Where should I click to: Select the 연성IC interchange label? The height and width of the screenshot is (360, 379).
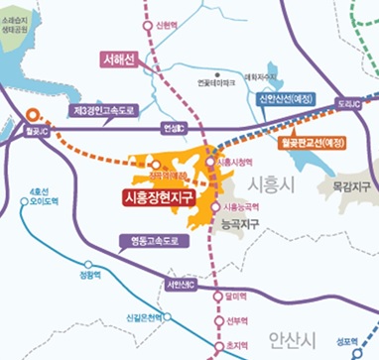172,127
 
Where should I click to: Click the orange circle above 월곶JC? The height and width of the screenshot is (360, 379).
32,113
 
